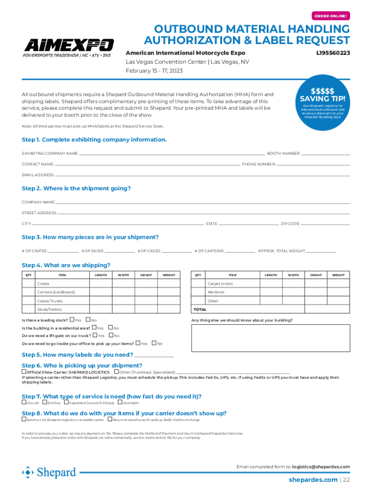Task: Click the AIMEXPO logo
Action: (69, 48)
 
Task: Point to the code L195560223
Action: (333, 53)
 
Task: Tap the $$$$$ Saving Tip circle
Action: (322, 101)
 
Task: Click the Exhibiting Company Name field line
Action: (172, 153)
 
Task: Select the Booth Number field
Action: (326, 153)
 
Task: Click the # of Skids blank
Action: (119, 251)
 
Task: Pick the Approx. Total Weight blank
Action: (321, 251)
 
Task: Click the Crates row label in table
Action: (43, 284)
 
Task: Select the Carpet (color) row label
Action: (220, 284)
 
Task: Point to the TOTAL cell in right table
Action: (200, 309)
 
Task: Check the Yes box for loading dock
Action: (72, 320)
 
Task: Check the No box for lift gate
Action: (111, 335)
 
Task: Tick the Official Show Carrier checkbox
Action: (24, 372)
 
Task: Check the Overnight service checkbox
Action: (119, 402)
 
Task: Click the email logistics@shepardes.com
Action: (321, 466)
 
